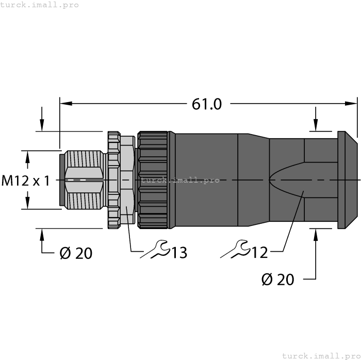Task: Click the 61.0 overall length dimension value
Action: [x=206, y=104]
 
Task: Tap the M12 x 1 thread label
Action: [x=26, y=181]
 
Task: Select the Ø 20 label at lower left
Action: [x=76, y=253]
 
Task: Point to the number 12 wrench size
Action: [x=260, y=252]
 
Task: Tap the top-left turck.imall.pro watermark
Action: [x=40, y=5]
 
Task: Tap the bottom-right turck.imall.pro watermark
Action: [x=321, y=355]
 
